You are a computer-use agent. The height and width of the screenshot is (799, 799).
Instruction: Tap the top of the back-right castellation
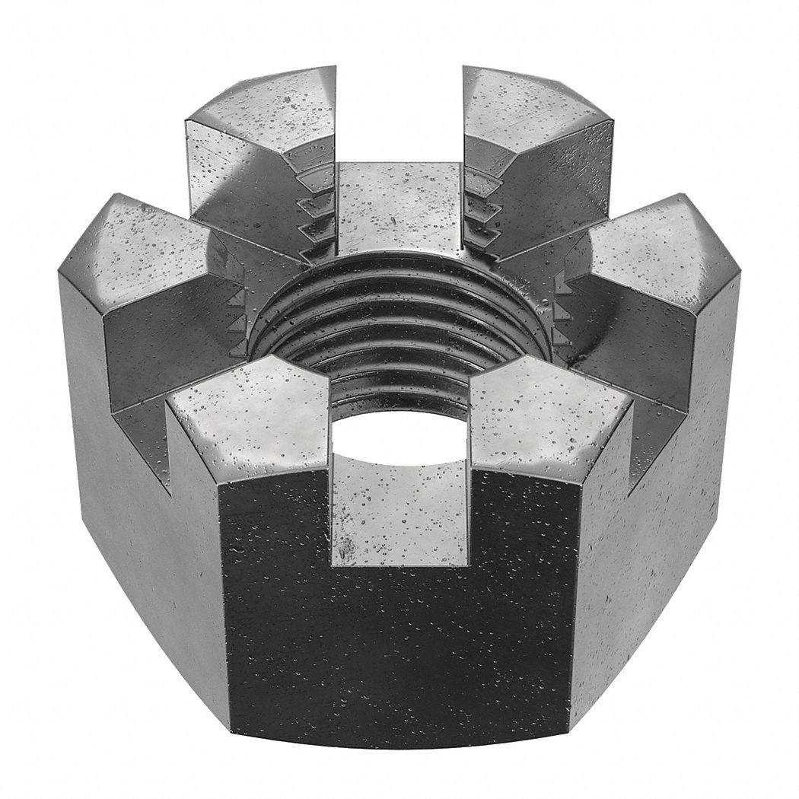(x=533, y=103)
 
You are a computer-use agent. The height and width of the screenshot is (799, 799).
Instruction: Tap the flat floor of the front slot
(x=399, y=510)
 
